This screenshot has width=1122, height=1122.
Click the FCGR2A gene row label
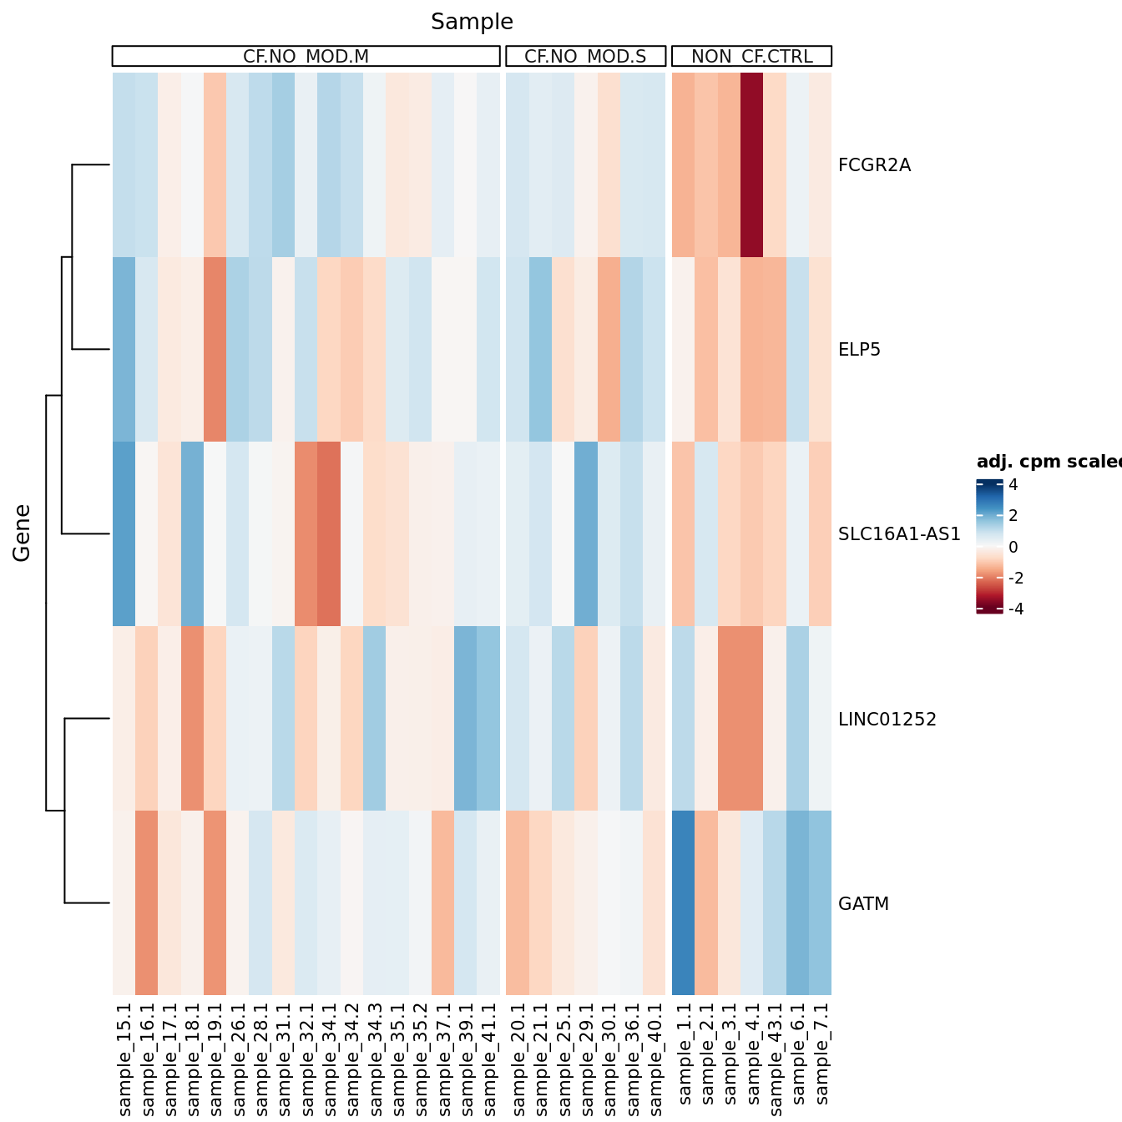pyautogui.click(x=874, y=165)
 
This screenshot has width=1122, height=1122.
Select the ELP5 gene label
pyautogui.click(x=859, y=350)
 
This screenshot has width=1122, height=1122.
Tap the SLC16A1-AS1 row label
pyautogui.click(x=899, y=534)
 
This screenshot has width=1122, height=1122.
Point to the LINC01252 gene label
pyautogui.click(x=887, y=720)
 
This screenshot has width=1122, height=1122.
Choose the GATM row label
pyautogui.click(x=863, y=904)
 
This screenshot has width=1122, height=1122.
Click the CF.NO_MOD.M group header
pyautogui.click(x=306, y=57)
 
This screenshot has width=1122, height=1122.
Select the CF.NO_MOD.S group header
pyautogui.click(x=585, y=57)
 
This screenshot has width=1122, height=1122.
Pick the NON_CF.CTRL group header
pyautogui.click(x=751, y=57)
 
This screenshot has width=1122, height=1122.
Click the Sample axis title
pyautogui.click(x=472, y=23)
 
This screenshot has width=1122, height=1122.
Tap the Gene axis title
pyautogui.click(x=22, y=533)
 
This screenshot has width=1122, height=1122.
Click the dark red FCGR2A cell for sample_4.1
pyautogui.click(x=751, y=165)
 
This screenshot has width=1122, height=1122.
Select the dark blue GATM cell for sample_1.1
pyautogui.click(x=683, y=903)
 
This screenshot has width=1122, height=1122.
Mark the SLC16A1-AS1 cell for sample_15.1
pyautogui.click(x=124, y=534)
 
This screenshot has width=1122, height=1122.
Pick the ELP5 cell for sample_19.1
pyautogui.click(x=215, y=350)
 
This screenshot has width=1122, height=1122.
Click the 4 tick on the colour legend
pyautogui.click(x=1013, y=485)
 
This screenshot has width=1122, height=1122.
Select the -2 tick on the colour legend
pyautogui.click(x=1016, y=579)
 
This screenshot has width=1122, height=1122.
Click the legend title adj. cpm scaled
pyautogui.click(x=1049, y=462)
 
